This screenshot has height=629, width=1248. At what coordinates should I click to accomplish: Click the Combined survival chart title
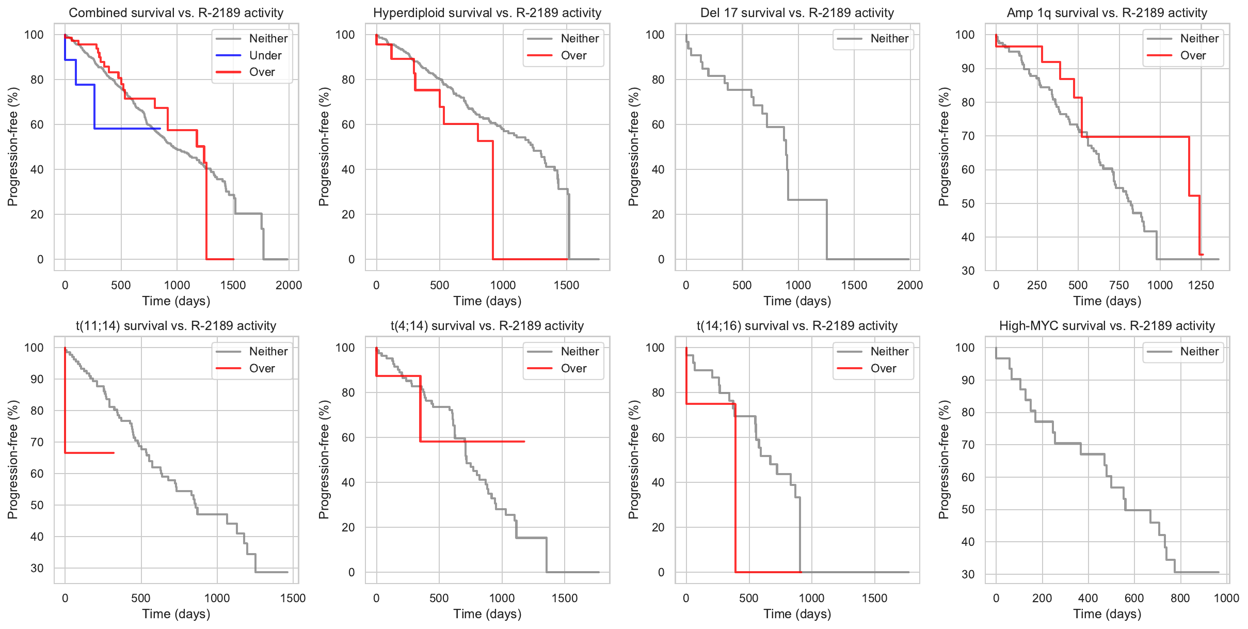[176, 13]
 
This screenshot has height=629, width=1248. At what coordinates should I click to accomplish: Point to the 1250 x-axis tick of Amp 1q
[1201, 285]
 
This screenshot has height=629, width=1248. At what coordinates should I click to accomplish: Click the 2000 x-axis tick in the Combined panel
[289, 285]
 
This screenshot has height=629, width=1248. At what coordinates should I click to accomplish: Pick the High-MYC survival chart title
[1107, 326]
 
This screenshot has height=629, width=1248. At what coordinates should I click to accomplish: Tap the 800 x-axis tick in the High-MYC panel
[1180, 598]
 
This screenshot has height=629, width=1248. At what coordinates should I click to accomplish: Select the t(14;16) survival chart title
[797, 326]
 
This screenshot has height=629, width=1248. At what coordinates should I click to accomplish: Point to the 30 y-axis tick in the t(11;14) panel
[37, 568]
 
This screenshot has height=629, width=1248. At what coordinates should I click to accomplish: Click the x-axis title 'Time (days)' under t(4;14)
[487, 614]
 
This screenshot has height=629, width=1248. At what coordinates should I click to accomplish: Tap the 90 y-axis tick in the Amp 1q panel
[968, 68]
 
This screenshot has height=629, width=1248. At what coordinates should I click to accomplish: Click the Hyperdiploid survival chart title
[487, 13]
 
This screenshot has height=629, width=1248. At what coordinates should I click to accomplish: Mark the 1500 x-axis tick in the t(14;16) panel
[874, 598]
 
